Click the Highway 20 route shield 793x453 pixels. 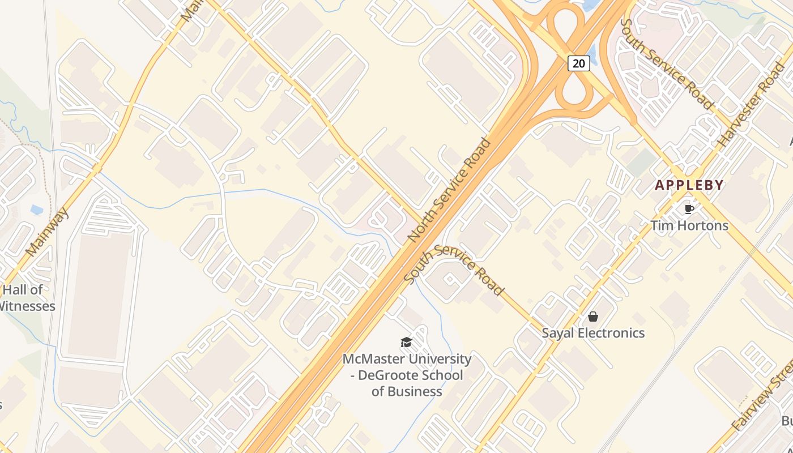pos(578,63)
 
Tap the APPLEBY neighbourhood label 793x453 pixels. pos(689,185)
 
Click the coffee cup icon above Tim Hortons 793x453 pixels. pos(689,209)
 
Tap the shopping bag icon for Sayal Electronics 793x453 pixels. pos(593,317)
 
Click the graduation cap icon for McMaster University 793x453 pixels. pos(406,342)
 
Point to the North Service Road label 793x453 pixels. pos(450,190)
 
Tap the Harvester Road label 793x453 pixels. pos(751,105)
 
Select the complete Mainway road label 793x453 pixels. pos(47,232)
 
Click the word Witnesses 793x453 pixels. pos(27,306)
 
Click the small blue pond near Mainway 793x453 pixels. pos(37,210)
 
